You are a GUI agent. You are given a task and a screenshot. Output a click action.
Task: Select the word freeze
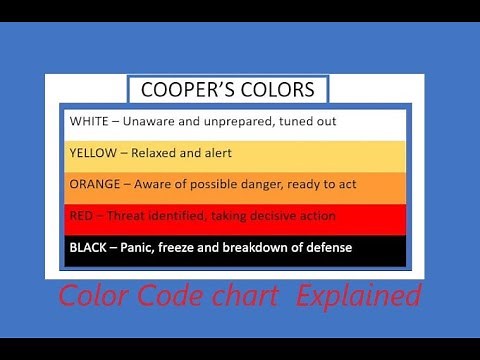[194, 247]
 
